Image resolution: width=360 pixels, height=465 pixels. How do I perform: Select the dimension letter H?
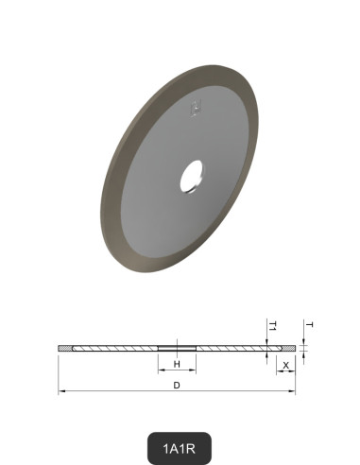(177, 363)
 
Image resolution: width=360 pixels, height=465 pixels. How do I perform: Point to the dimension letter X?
(285, 363)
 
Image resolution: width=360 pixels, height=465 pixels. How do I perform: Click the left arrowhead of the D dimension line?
(61, 390)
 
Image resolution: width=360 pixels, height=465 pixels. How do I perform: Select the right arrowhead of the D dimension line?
(293, 390)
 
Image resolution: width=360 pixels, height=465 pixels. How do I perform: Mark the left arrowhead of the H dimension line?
(159, 370)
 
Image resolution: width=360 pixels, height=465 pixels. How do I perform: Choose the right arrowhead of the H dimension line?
(194, 370)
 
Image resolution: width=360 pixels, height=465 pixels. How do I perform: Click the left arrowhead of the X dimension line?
(278, 370)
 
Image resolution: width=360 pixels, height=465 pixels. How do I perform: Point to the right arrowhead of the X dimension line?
(293, 370)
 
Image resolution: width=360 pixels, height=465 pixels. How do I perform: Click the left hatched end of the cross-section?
(64, 350)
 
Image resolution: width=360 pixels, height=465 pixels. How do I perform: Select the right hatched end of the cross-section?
(287, 350)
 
